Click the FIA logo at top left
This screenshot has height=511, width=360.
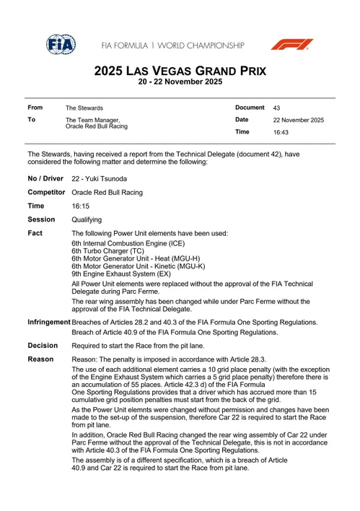pyautogui.click(x=61, y=45)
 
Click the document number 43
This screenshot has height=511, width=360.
pyautogui.click(x=277, y=108)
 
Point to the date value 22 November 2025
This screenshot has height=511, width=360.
pyautogui.click(x=298, y=120)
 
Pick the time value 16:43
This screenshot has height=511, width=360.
pyautogui.click(x=281, y=133)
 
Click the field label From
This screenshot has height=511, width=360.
pyautogui.click(x=35, y=107)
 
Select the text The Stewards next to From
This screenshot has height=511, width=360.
pyautogui.click(x=84, y=108)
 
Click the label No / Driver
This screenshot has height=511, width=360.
pyautogui.click(x=46, y=178)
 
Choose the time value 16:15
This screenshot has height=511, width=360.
pyautogui.click(x=80, y=206)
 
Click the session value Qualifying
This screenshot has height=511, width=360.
pyautogui.click(x=87, y=220)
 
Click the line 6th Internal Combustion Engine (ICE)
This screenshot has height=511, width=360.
pyautogui.click(x=123, y=244)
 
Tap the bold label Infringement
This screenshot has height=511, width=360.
pyautogui.click(x=49, y=321)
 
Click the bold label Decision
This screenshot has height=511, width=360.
pyautogui.click(x=43, y=346)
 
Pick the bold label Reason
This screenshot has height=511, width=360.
pyautogui.click(x=40, y=359)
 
